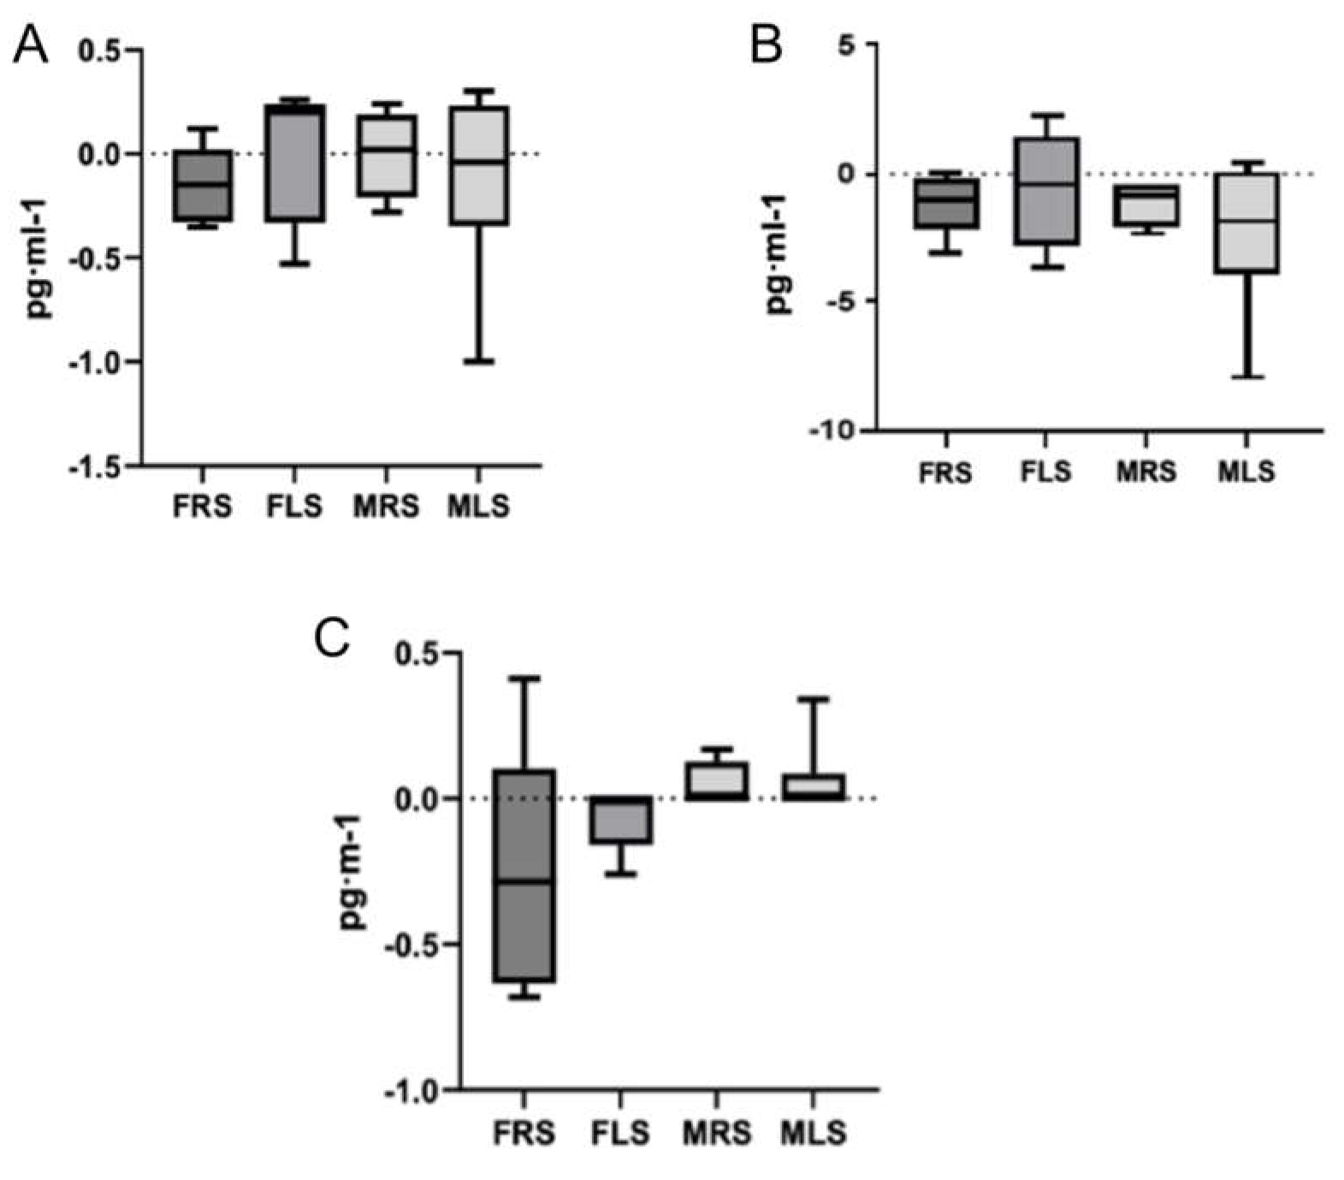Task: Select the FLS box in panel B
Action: point(1045,191)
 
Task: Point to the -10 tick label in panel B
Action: point(834,430)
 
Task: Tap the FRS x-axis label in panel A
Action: point(202,507)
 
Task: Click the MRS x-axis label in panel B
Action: point(1146,471)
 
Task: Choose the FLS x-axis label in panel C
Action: point(620,1133)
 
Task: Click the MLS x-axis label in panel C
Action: point(813,1133)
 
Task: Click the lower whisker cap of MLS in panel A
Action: point(479,361)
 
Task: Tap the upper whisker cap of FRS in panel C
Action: point(524,679)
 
